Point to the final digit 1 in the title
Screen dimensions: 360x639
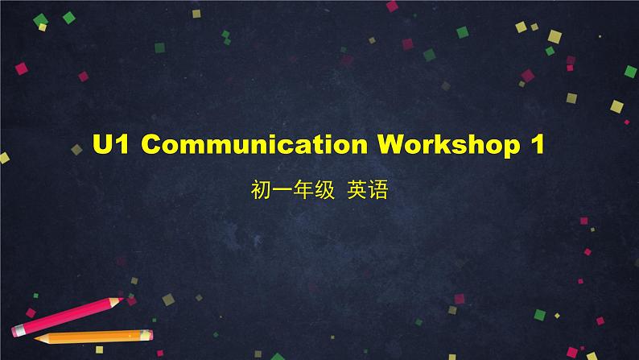pos(537,146)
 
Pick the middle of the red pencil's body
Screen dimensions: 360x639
pos(68,316)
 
